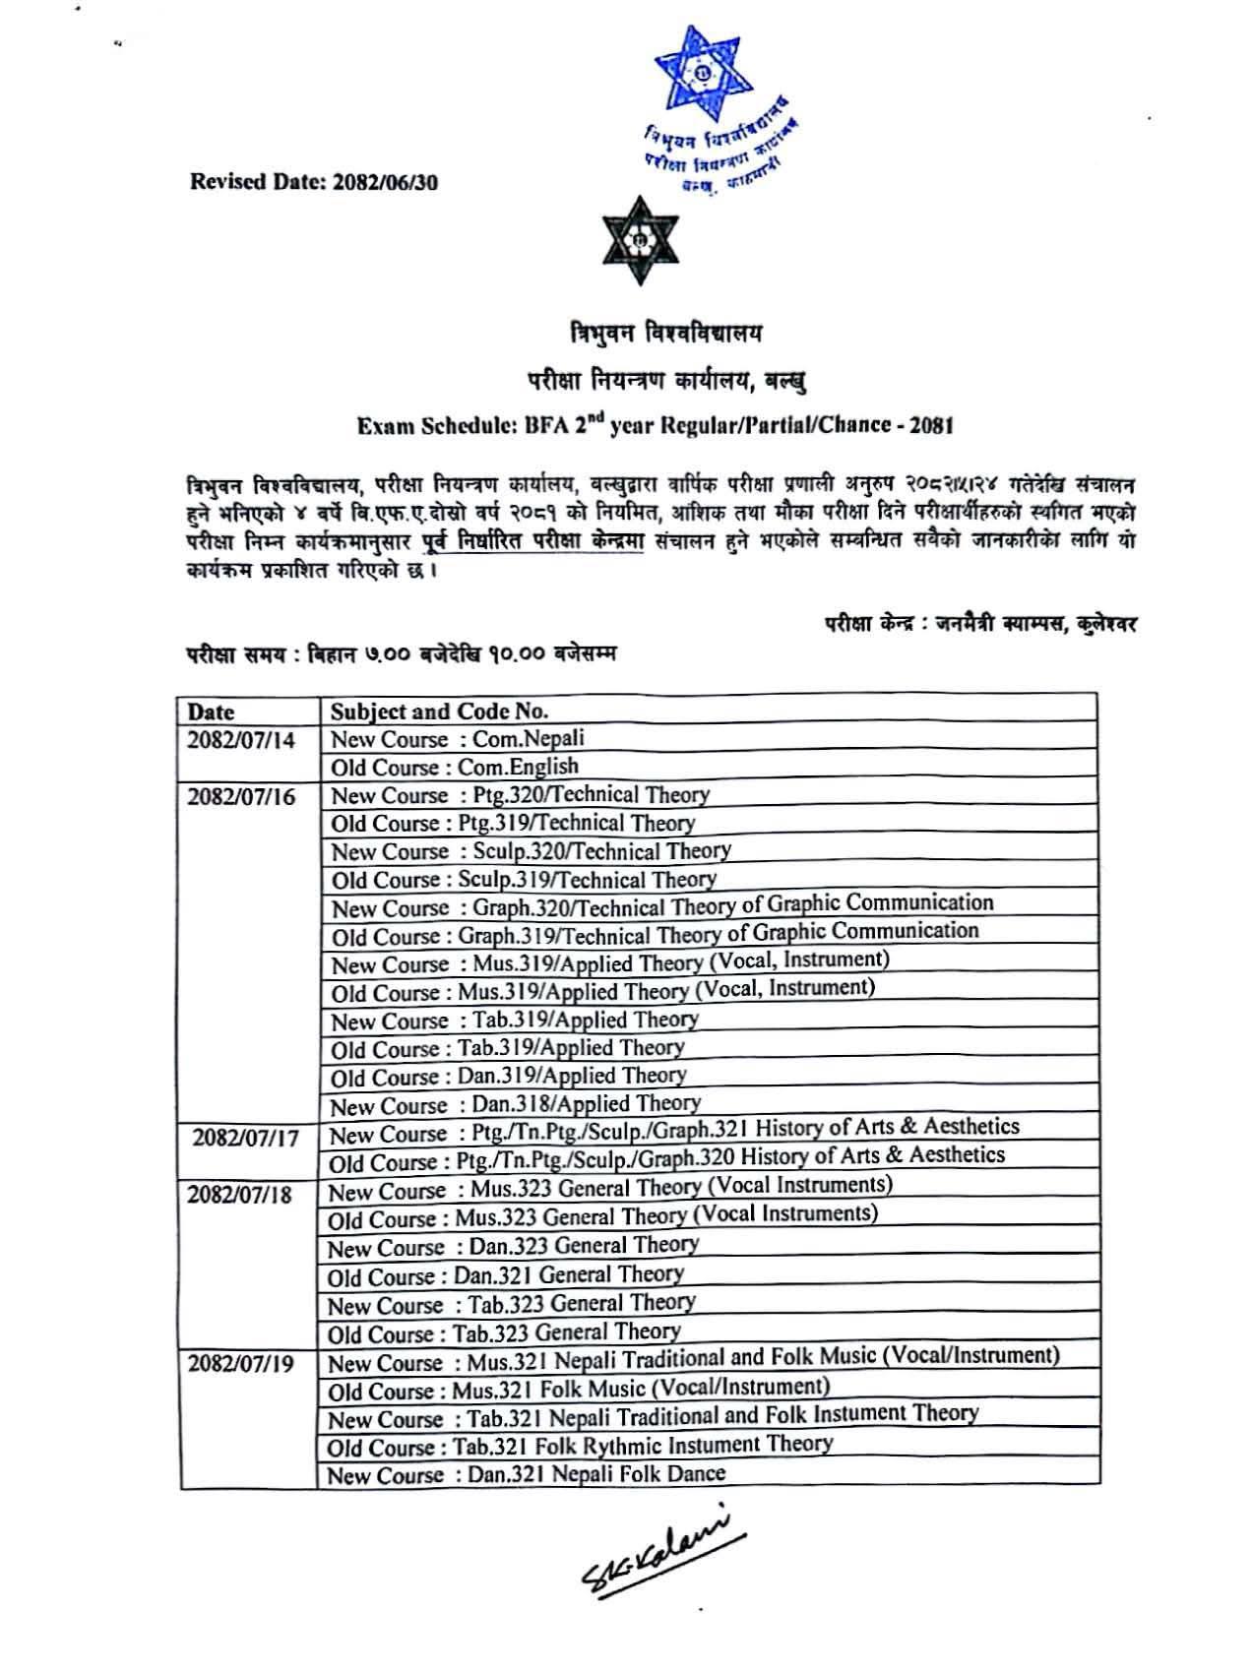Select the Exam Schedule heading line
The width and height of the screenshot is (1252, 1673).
(655, 425)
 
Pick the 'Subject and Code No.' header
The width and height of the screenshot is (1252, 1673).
(439, 712)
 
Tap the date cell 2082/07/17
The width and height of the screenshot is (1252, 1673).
(245, 1138)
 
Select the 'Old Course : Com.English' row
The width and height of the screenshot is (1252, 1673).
(455, 767)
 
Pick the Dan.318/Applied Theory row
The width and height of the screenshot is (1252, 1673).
(515, 1104)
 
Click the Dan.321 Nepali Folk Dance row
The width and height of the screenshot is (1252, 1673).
(527, 1474)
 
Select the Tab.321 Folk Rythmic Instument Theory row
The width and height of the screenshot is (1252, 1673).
(581, 1446)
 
